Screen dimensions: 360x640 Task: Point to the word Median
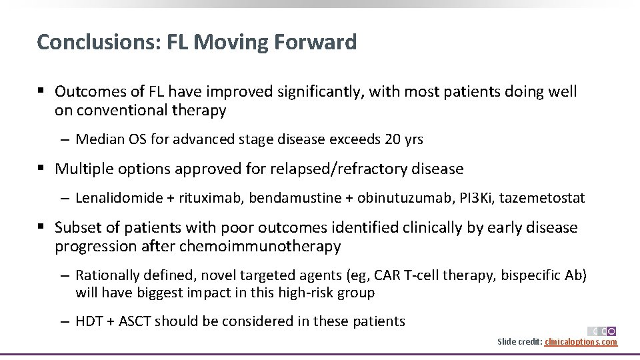point(99,139)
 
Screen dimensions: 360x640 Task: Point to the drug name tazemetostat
point(542,198)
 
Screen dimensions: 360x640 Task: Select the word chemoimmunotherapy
point(268,247)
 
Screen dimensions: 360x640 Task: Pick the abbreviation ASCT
point(137,321)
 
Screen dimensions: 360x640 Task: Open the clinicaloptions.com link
point(581,342)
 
